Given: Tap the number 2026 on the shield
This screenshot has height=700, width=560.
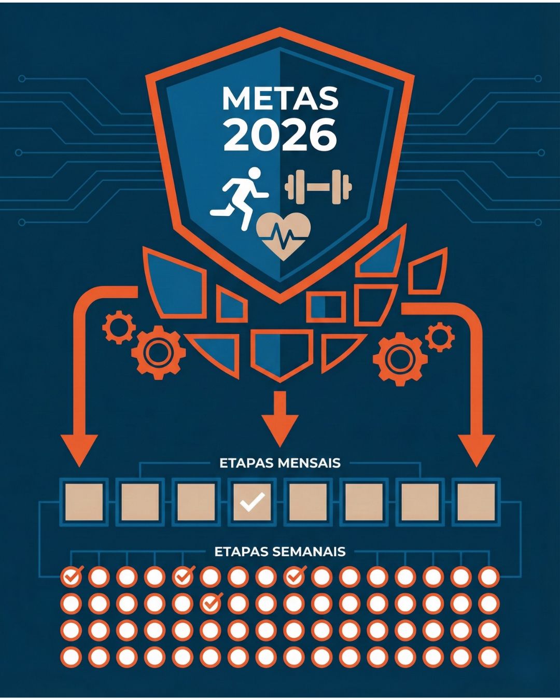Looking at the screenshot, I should click(x=280, y=135).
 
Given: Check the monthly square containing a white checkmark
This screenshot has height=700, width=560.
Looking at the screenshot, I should click(x=252, y=501).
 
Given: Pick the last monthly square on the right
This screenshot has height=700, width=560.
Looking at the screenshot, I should click(x=476, y=501).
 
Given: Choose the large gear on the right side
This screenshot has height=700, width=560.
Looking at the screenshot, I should click(x=400, y=358).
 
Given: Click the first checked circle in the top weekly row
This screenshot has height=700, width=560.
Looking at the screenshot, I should click(x=72, y=576).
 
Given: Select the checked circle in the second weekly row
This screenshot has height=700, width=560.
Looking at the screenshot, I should click(x=211, y=603).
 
